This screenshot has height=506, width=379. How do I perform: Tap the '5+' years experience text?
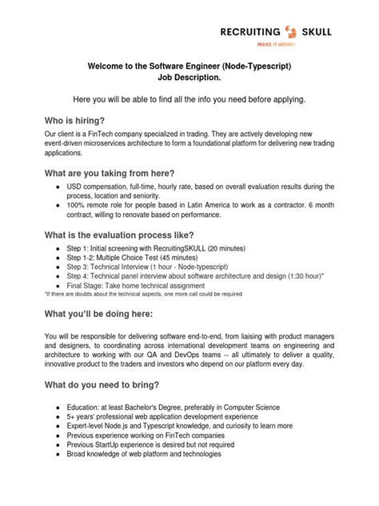click(71, 416)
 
